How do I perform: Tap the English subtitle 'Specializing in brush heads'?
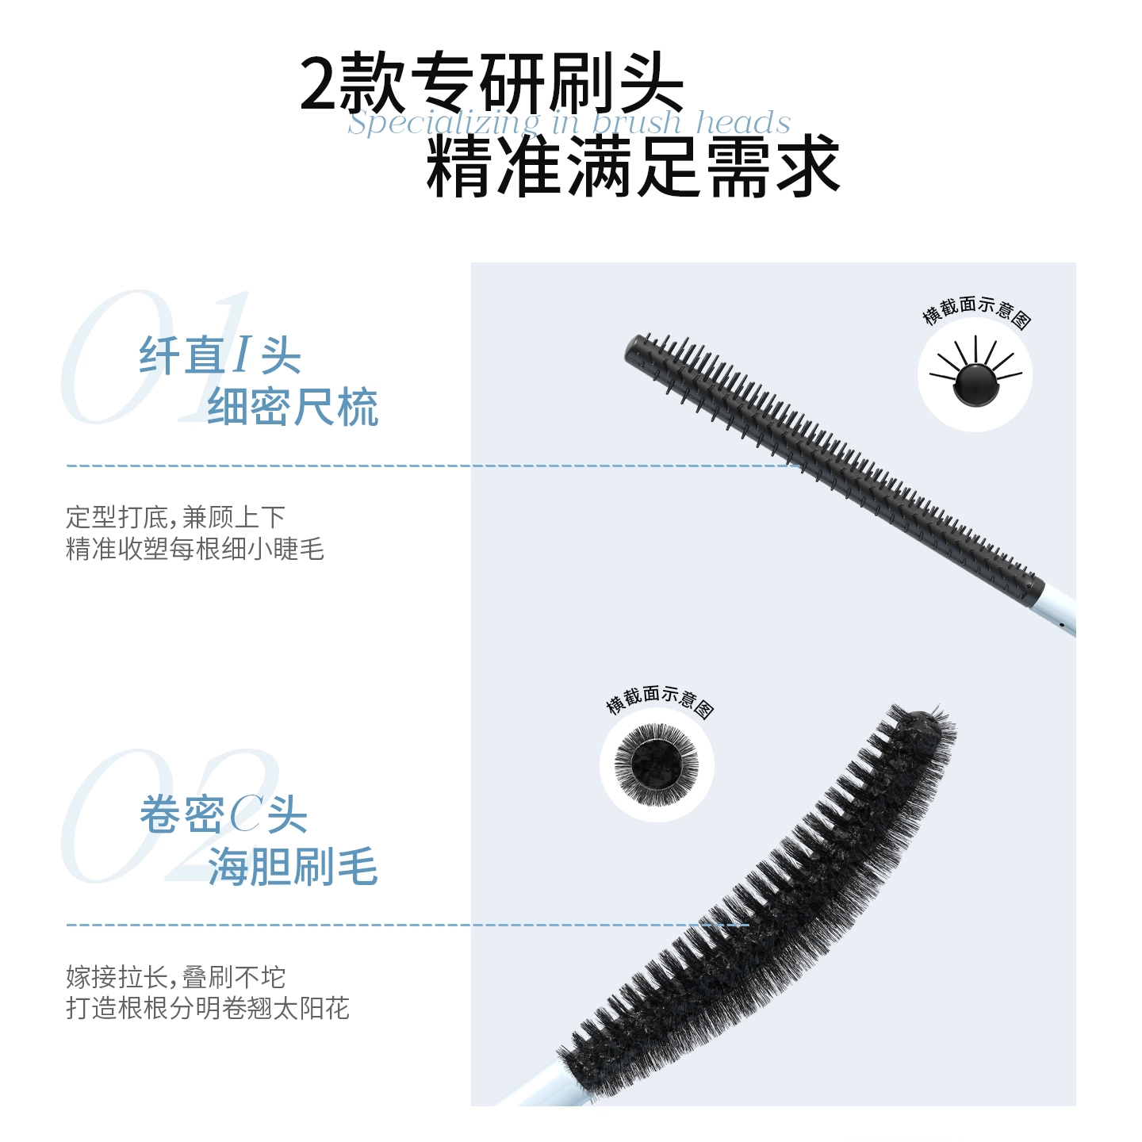(569, 123)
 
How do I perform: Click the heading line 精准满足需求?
(633, 167)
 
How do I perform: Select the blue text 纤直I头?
(220, 355)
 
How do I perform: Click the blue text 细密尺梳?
(293, 407)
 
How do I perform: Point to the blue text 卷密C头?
(224, 814)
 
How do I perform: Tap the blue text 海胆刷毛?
(293, 866)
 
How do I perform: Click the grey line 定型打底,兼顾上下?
(176, 517)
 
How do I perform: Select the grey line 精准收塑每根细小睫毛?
(195, 549)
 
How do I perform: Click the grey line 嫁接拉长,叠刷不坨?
(176, 977)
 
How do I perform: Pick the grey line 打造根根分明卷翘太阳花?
(208, 1008)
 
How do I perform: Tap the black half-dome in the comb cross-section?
(975, 385)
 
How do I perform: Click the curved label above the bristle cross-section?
(660, 700)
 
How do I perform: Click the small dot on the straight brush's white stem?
(1061, 623)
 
